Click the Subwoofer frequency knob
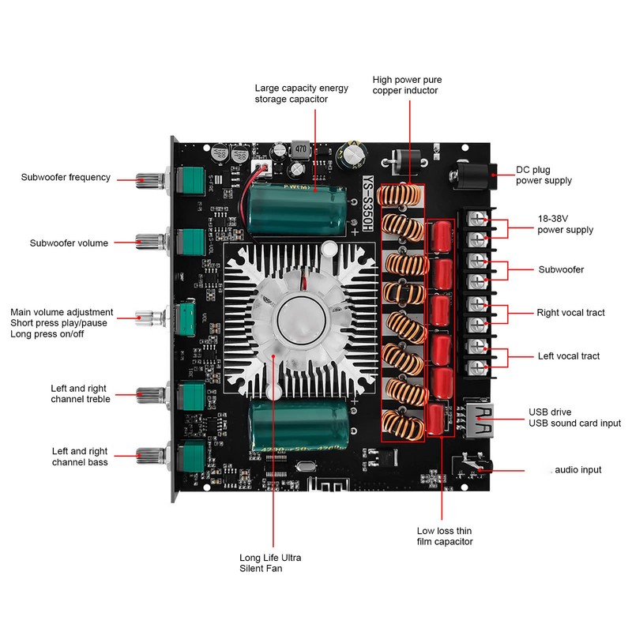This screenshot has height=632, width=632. pyautogui.click(x=149, y=181)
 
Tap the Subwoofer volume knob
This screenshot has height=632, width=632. pyautogui.click(x=149, y=241)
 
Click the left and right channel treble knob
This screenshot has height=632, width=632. pyautogui.click(x=149, y=395)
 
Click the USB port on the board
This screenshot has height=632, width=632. pyautogui.click(x=480, y=421)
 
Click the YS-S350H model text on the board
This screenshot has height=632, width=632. pyautogui.click(x=367, y=204)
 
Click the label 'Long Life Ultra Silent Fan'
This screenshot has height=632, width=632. pyautogui.click(x=270, y=563)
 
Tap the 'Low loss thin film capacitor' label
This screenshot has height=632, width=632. pyautogui.click(x=445, y=536)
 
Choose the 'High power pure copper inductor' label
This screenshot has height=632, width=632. pyautogui.click(x=407, y=85)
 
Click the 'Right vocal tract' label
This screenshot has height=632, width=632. pyautogui.click(x=570, y=313)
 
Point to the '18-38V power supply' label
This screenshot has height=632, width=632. pyautogui.click(x=565, y=224)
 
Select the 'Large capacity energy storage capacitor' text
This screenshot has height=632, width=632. pyautogui.click(x=302, y=93)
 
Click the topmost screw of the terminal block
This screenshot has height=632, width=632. pyautogui.click(x=477, y=220)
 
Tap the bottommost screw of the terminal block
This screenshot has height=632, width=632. pyautogui.click(x=477, y=367)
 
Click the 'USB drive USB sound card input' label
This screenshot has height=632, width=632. pyautogui.click(x=574, y=418)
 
